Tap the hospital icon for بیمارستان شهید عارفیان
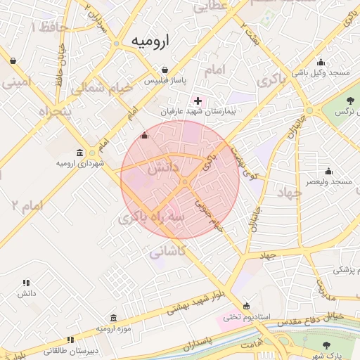[198, 101]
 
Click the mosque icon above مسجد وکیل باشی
[321, 61]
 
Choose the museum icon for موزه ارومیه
[114, 318]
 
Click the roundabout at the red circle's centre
[185, 182]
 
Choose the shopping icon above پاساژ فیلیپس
[164, 70]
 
